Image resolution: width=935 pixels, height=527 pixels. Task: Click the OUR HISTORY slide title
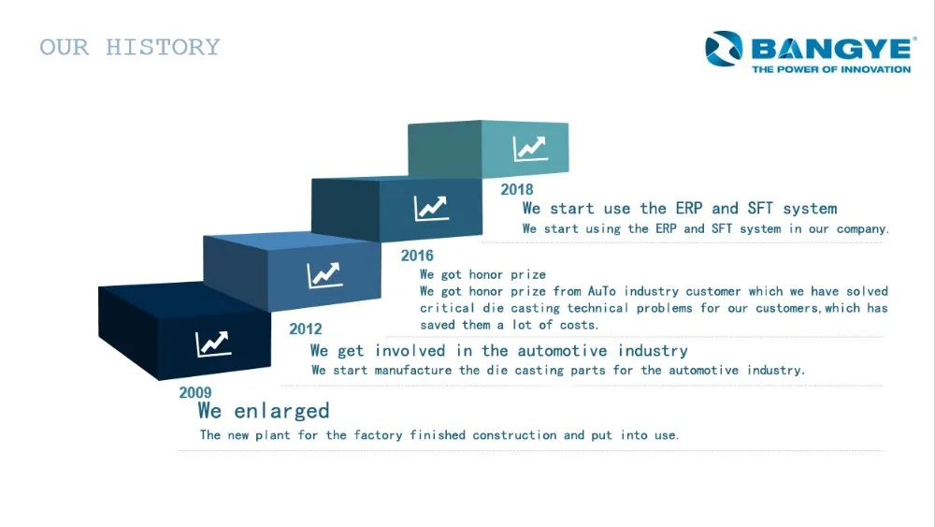(x=130, y=47)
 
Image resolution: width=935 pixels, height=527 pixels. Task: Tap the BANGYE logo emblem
(x=724, y=49)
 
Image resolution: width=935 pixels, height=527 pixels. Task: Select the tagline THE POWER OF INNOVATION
(x=831, y=69)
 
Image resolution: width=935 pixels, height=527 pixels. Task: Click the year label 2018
(x=516, y=190)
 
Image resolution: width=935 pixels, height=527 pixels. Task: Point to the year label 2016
(x=417, y=256)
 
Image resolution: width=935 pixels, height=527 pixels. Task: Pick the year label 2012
(x=306, y=329)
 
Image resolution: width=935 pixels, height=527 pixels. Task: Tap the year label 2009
(x=195, y=393)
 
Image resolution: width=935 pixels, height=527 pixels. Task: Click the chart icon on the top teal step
(x=530, y=149)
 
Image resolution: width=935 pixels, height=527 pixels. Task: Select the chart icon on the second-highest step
(x=431, y=209)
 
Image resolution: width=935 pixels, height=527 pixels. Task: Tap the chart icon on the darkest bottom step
(x=213, y=344)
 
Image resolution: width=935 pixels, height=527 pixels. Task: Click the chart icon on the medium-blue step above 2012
(x=325, y=275)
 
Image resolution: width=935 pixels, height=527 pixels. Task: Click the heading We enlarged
(x=264, y=411)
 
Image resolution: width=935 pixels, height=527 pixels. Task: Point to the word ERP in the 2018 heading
(x=689, y=209)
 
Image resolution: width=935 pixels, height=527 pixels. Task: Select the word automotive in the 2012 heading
(x=562, y=350)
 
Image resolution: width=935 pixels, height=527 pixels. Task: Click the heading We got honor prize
(x=482, y=274)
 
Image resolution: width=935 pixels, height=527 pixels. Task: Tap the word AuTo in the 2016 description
(x=601, y=291)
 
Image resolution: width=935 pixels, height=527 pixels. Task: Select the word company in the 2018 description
(x=862, y=229)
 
